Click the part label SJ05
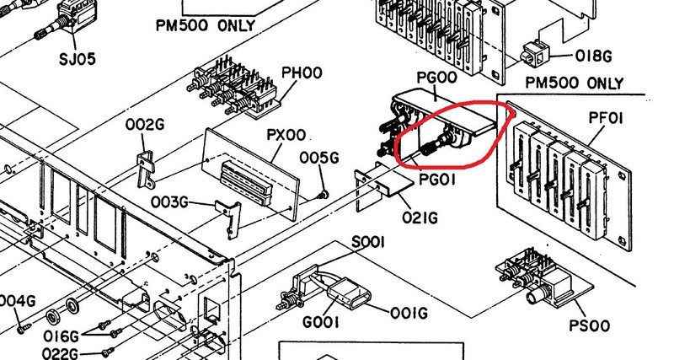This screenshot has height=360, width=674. pos(78,59)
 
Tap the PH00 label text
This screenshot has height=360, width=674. pos(302,73)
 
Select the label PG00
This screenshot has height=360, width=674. pos(436,78)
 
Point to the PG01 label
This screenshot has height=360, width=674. pos(436,180)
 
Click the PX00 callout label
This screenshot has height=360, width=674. pos(286,135)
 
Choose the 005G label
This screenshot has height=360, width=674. pos(319,158)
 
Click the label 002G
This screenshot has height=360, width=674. pos(145,125)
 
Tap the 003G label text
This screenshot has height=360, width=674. pos(169,201)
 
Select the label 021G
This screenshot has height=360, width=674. pos(420,218)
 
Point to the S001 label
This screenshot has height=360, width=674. pos(368,243)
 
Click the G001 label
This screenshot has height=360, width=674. pos(321,322)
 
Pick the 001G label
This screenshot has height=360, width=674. pos(409,313)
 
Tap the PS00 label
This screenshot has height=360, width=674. pos(589,325)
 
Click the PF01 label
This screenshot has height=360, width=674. pos(605,118)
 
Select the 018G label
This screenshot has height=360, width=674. pos(593,56)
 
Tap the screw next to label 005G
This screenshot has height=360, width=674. pos(321,196)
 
